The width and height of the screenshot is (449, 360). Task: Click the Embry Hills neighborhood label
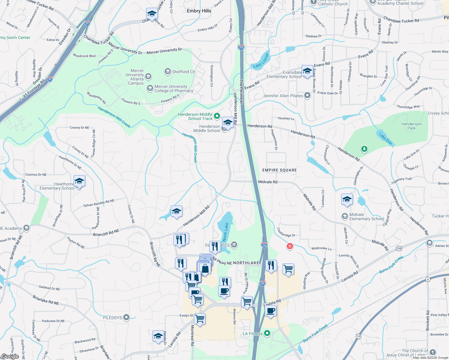click(x=199, y=11)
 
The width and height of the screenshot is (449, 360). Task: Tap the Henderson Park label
click(x=411, y=126)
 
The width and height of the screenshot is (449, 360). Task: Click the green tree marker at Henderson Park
click(x=364, y=149)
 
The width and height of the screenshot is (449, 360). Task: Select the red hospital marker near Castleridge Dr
click(x=290, y=246)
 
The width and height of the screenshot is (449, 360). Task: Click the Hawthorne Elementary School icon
click(x=79, y=181)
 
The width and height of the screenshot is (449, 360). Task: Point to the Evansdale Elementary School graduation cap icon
click(x=307, y=71)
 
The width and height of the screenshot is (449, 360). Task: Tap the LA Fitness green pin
click(x=267, y=333)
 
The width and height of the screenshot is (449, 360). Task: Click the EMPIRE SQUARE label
click(x=279, y=170)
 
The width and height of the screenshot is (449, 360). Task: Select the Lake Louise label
click(x=261, y=61)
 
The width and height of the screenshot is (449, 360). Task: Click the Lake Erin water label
click(x=385, y=139)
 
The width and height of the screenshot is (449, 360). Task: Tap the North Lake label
click(x=225, y=232)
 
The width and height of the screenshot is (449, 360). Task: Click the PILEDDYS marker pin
click(x=126, y=317)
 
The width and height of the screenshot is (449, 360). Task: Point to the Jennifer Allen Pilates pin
click(x=307, y=96)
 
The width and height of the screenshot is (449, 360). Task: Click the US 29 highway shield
click(x=359, y=336)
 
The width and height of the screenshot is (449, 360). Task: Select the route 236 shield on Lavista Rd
click(x=399, y=248)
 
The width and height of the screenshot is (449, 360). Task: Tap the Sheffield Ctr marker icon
click(x=167, y=71)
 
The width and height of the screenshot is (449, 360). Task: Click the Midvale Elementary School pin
click(x=345, y=216)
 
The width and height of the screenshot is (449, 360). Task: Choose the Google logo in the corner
click(x=10, y=356)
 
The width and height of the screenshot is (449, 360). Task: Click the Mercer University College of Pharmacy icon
click(x=150, y=88)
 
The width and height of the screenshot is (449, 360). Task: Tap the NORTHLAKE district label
click(x=246, y=263)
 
